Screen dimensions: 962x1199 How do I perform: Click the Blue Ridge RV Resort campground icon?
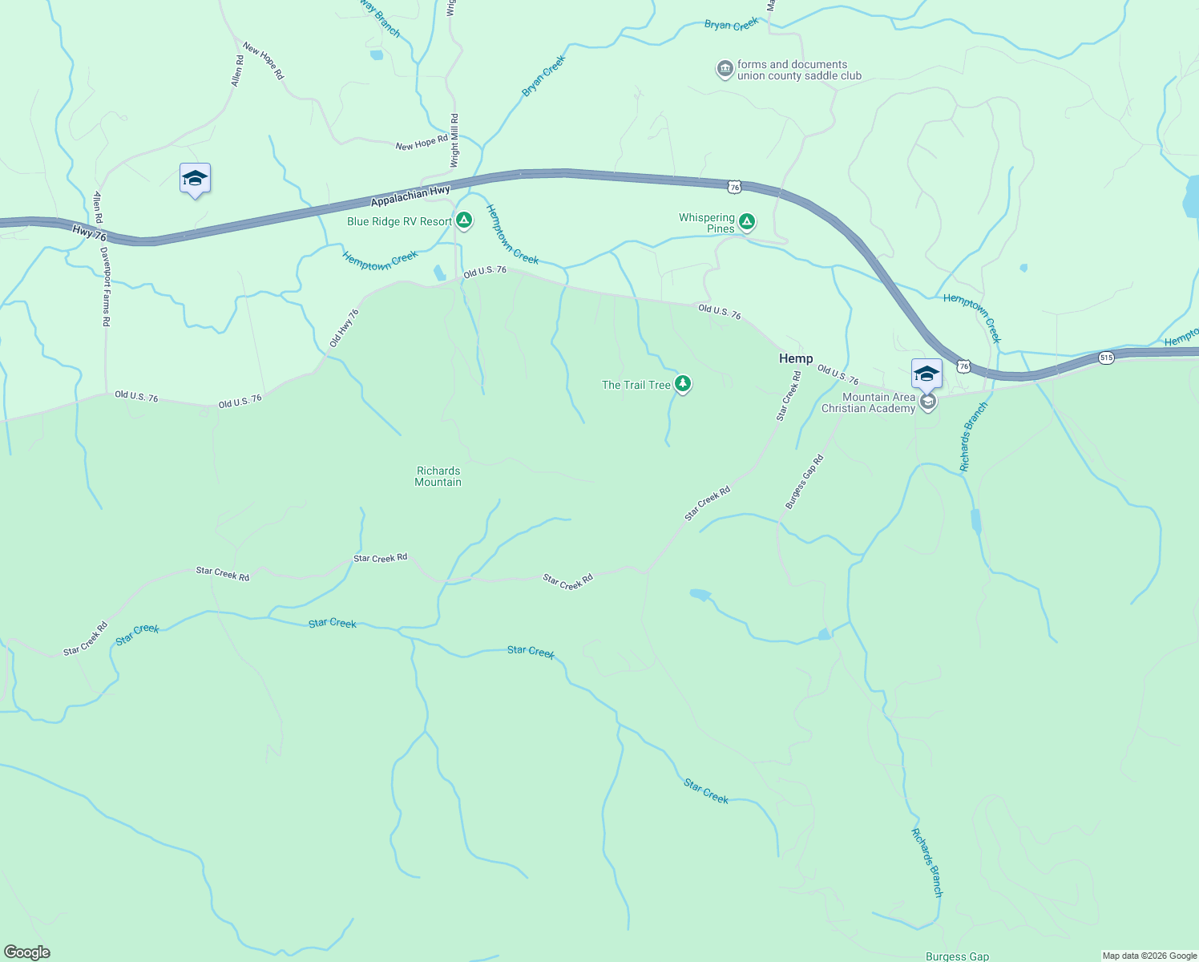click(464, 220)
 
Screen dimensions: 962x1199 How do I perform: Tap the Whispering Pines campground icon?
click(747, 221)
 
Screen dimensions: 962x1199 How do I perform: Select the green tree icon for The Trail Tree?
click(683, 384)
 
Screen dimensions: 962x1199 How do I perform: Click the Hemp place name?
click(796, 358)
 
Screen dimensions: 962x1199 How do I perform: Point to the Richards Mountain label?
click(438, 476)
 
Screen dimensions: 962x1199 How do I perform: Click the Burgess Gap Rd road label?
click(804, 482)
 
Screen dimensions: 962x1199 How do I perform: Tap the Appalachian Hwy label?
click(410, 196)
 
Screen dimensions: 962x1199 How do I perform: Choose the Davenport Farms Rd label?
click(105, 285)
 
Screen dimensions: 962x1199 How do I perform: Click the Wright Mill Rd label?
click(454, 140)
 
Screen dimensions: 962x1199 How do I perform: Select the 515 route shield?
click(1106, 358)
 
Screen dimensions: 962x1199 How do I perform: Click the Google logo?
click(27, 952)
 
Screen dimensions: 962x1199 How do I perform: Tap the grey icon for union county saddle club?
click(725, 70)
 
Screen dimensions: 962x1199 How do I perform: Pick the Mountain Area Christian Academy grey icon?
click(928, 402)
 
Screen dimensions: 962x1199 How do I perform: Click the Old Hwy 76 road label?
click(344, 328)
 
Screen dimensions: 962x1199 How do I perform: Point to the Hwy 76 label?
click(89, 233)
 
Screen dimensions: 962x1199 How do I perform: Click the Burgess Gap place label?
click(957, 956)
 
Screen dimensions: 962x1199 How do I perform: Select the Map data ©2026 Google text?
click(1149, 956)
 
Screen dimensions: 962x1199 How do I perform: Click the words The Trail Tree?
click(636, 385)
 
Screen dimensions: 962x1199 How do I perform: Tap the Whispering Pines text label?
click(707, 223)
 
